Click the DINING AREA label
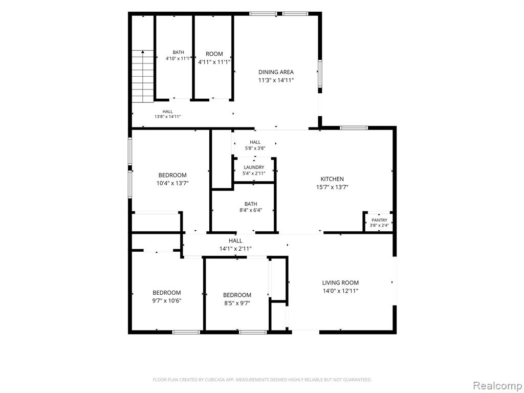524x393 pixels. [x=276, y=72]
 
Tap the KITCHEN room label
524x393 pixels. [x=332, y=179]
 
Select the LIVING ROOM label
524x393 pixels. [x=340, y=282]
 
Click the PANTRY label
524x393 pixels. [x=379, y=220]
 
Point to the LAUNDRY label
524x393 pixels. [x=254, y=167]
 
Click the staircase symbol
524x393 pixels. [x=143, y=76]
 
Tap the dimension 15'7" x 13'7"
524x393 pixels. [x=332, y=187]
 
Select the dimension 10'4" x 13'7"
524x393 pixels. [x=172, y=183]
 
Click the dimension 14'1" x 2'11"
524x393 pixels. [x=235, y=249]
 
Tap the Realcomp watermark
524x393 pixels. [x=496, y=385]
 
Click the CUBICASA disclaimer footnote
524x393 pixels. [x=262, y=380]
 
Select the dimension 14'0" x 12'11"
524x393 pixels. [x=340, y=291]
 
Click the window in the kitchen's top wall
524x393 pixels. [x=354, y=127]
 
